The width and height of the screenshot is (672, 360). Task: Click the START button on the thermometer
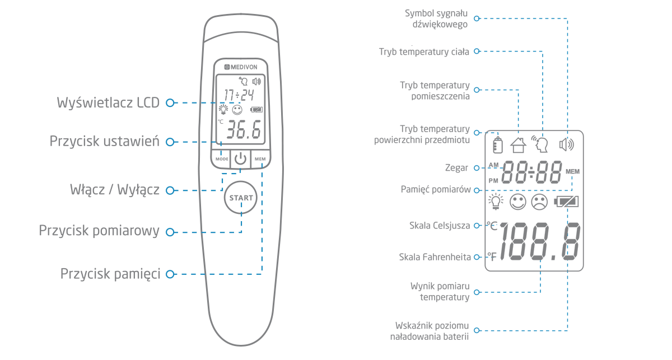[241, 198]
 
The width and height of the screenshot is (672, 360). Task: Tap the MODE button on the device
[222, 159]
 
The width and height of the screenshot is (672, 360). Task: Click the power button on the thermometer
[241, 158]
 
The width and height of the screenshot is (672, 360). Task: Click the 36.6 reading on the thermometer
[242, 130]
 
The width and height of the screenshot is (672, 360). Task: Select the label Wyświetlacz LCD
[108, 103]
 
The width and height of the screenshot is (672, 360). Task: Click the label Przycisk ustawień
[105, 141]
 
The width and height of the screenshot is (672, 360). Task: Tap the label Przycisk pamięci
[110, 274]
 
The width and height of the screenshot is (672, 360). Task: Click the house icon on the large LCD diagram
[519, 145]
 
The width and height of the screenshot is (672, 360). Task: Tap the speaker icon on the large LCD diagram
[567, 144]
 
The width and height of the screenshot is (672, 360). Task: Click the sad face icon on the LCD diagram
[539, 202]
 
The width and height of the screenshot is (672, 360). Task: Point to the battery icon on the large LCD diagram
[566, 202]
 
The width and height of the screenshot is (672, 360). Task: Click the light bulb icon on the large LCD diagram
[496, 202]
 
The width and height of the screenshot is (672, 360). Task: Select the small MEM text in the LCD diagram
[572, 171]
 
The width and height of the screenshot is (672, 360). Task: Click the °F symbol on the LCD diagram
[491, 257]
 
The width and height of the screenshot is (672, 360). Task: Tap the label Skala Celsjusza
[440, 226]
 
